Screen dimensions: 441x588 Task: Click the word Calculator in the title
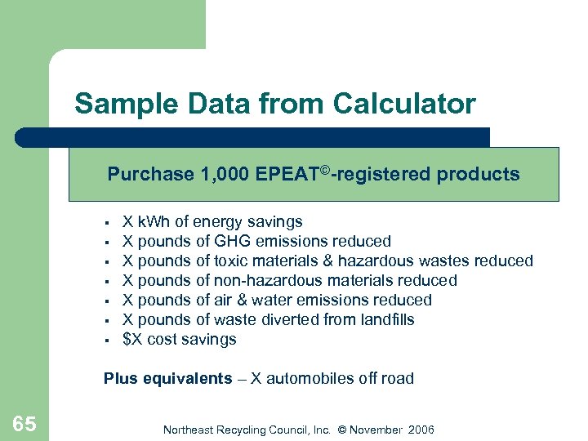click(403, 105)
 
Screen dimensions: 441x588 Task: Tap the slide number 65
click(24, 423)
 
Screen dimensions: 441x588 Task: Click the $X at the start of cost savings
click(131, 340)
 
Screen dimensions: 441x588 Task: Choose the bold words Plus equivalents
click(167, 379)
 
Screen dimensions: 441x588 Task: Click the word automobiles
click(311, 379)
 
